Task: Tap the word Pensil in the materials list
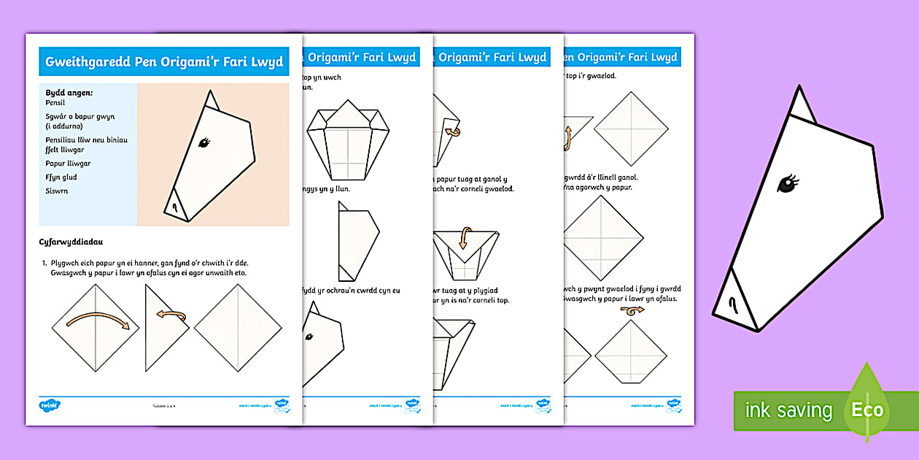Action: [x=55, y=104]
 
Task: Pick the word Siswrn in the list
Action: [x=56, y=191]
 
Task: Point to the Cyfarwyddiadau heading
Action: [x=72, y=241]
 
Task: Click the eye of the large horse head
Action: [x=788, y=184]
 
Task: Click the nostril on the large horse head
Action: [x=731, y=302]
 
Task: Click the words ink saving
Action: [x=788, y=410]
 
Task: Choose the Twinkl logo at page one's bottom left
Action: [x=50, y=404]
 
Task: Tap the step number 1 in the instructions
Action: [x=44, y=263]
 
